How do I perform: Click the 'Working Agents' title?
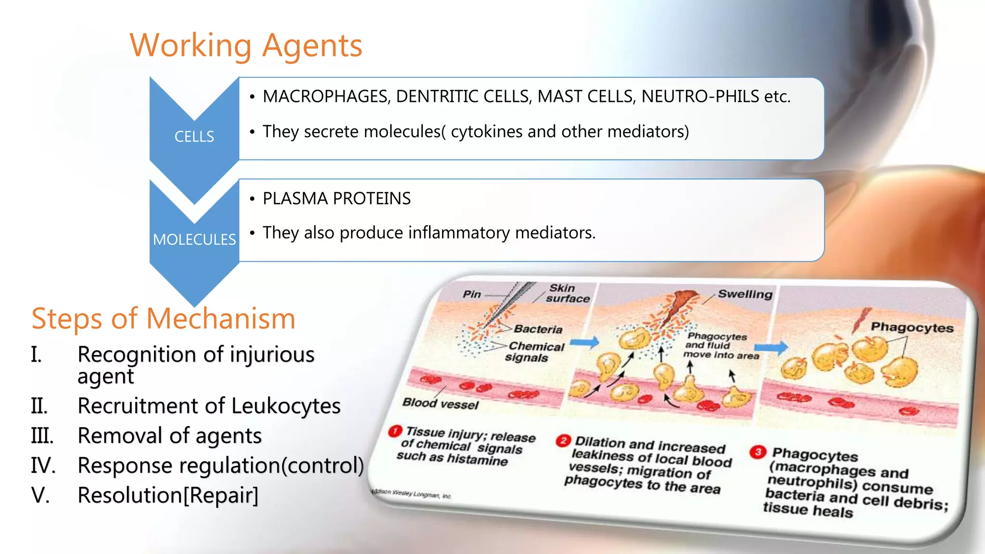pos(246,46)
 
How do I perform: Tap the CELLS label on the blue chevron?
pos(194,137)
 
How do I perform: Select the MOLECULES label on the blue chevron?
pos(194,239)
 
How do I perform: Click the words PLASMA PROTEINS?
pos(337,199)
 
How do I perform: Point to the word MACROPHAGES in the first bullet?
pos(326,97)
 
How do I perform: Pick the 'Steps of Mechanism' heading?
pos(164,318)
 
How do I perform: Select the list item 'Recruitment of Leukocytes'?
pos(209,406)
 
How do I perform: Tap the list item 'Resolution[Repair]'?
pos(168,495)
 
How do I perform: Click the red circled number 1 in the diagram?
pos(395,430)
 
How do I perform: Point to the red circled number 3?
pos(758,452)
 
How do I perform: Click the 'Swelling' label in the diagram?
pos(745,294)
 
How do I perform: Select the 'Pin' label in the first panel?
pos(472,294)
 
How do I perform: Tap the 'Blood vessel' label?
pos(441,403)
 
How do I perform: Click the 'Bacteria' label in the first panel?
pos(538,329)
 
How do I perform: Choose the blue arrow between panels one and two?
pos(585,343)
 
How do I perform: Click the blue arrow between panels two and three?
pos(771,347)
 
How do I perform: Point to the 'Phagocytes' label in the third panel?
pos(912,327)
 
